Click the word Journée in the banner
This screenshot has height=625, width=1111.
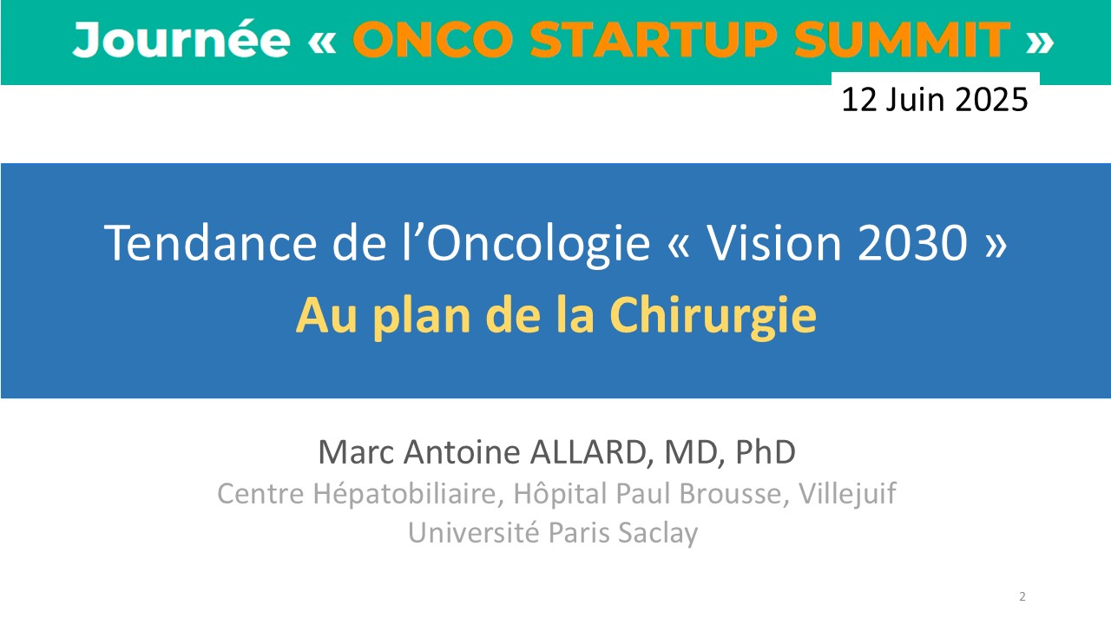(x=181, y=40)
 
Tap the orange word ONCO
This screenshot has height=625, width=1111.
(x=432, y=40)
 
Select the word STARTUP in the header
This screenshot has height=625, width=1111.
(x=654, y=40)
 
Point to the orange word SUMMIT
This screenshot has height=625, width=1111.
(x=903, y=40)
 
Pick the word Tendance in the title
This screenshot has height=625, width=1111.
(x=210, y=242)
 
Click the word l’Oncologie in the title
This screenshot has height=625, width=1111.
(x=526, y=244)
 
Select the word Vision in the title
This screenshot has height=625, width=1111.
(x=773, y=242)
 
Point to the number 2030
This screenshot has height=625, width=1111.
(x=912, y=242)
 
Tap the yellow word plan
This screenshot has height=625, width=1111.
(x=422, y=317)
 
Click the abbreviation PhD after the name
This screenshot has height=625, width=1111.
(x=766, y=452)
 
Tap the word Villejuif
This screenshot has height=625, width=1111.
(x=847, y=494)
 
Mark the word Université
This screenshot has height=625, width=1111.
(x=473, y=533)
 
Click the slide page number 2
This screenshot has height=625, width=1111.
(x=1022, y=596)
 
